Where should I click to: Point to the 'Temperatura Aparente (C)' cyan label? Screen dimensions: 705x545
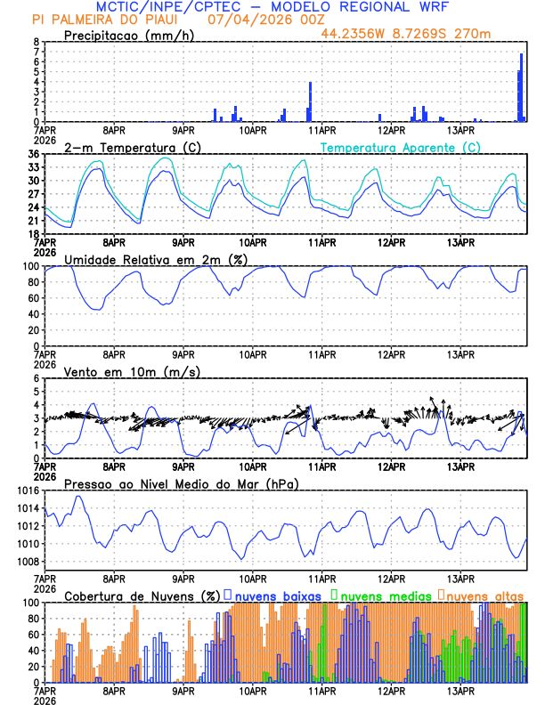pos(401,147)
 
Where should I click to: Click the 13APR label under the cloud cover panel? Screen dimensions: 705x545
pos(461,691)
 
